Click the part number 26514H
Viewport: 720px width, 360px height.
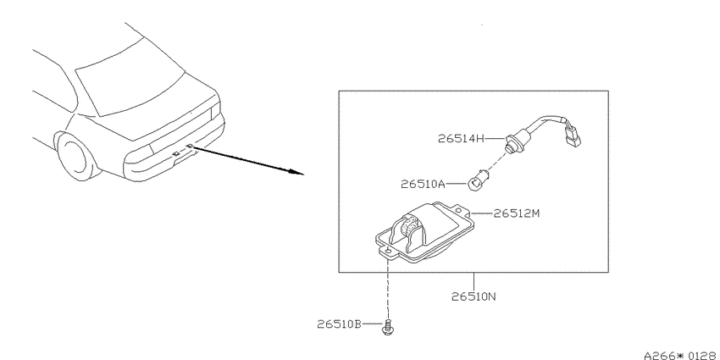coord(461,138)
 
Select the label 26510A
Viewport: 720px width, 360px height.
coord(423,184)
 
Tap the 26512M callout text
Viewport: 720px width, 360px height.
coord(517,213)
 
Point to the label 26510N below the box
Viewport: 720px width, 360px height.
coord(474,296)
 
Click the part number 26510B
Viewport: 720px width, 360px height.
coord(339,324)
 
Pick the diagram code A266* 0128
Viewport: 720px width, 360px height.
coord(681,356)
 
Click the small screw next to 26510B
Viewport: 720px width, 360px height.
coord(388,326)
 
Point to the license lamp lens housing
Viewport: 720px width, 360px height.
coord(424,233)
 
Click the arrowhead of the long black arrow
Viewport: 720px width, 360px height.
coord(296,172)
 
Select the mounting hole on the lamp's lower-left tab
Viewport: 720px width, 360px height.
coord(388,252)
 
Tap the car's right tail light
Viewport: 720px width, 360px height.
coord(215,111)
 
